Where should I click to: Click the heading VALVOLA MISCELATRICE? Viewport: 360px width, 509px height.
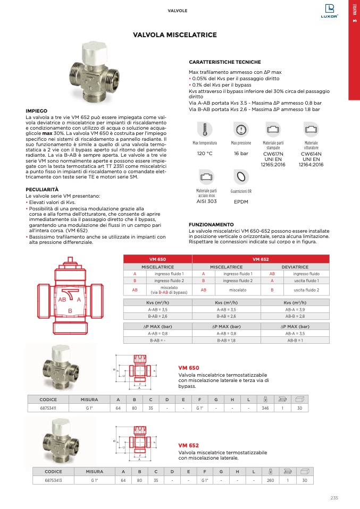pyautogui.click(x=175, y=35)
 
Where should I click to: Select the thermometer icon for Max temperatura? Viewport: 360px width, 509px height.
pyautogui.click(x=204, y=130)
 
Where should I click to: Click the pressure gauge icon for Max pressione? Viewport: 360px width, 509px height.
pyautogui.click(x=241, y=130)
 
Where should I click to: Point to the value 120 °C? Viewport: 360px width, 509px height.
pyautogui.click(x=205, y=154)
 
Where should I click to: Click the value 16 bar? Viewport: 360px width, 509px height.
pyautogui.click(x=241, y=154)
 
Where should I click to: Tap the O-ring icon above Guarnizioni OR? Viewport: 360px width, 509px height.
pyautogui.click(x=241, y=176)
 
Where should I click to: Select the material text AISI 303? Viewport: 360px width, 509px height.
pyautogui.click(x=206, y=201)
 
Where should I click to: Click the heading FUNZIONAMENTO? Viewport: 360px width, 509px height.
pyautogui.click(x=211, y=225)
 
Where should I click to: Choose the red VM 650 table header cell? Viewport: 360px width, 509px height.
pyautogui.click(x=158, y=259)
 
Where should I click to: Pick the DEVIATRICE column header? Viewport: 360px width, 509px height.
pyautogui.click(x=295, y=267)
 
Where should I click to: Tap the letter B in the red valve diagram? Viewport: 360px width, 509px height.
pyautogui.click(x=70, y=310)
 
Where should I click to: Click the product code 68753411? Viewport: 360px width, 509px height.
pyautogui.click(x=48, y=408)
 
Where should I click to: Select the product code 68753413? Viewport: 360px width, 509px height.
pyautogui.click(x=53, y=480)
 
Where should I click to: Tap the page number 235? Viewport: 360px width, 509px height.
pyautogui.click(x=334, y=498)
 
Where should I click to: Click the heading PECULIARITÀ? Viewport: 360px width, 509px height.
pyautogui.click(x=42, y=190)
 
